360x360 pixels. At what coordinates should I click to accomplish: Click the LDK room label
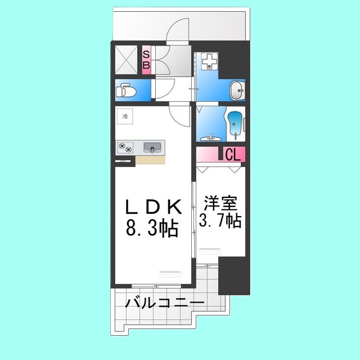(x=153, y=208)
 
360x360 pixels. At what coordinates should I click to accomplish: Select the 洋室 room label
(x=220, y=202)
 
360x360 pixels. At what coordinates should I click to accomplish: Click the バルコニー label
(x=164, y=303)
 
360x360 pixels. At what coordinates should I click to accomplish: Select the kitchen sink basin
(x=152, y=148)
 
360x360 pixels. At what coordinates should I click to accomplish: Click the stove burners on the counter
(x=125, y=147)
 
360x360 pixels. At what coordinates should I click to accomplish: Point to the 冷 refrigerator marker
(x=125, y=116)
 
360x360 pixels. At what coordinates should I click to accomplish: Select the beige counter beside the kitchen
(x=150, y=160)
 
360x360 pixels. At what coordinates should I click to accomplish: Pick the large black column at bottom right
(x=233, y=276)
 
